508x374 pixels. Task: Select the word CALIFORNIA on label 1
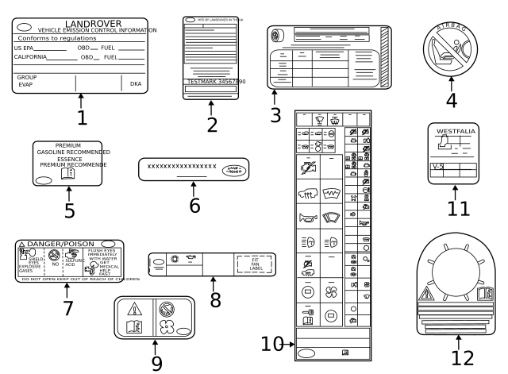(x=30, y=57)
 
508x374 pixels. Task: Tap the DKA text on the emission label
(x=135, y=83)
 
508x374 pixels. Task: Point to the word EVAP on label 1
(x=25, y=83)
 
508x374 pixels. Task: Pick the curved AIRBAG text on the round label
(x=452, y=29)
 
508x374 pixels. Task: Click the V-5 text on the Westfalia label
(x=437, y=168)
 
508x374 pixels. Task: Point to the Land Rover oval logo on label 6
(x=235, y=168)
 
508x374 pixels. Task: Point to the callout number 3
(x=275, y=115)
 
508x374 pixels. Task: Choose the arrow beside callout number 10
(x=290, y=344)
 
